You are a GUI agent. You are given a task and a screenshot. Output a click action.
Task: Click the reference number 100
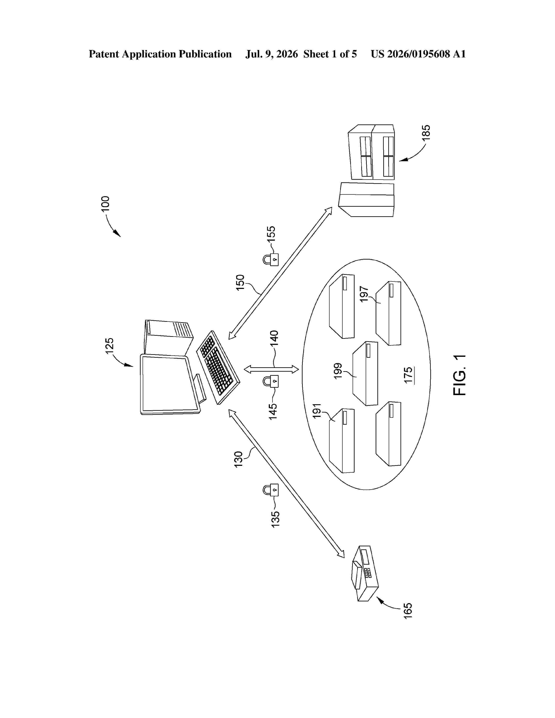click(x=106, y=203)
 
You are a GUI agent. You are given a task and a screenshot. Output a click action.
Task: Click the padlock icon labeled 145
click(x=271, y=381)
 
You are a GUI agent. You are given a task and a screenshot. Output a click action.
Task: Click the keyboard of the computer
click(x=218, y=367)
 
